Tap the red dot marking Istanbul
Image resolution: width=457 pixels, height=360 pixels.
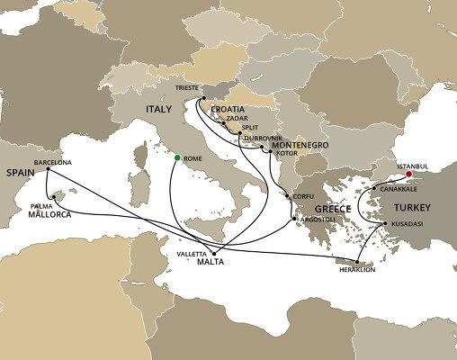409,176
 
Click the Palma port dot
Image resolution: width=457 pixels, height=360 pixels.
53,195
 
